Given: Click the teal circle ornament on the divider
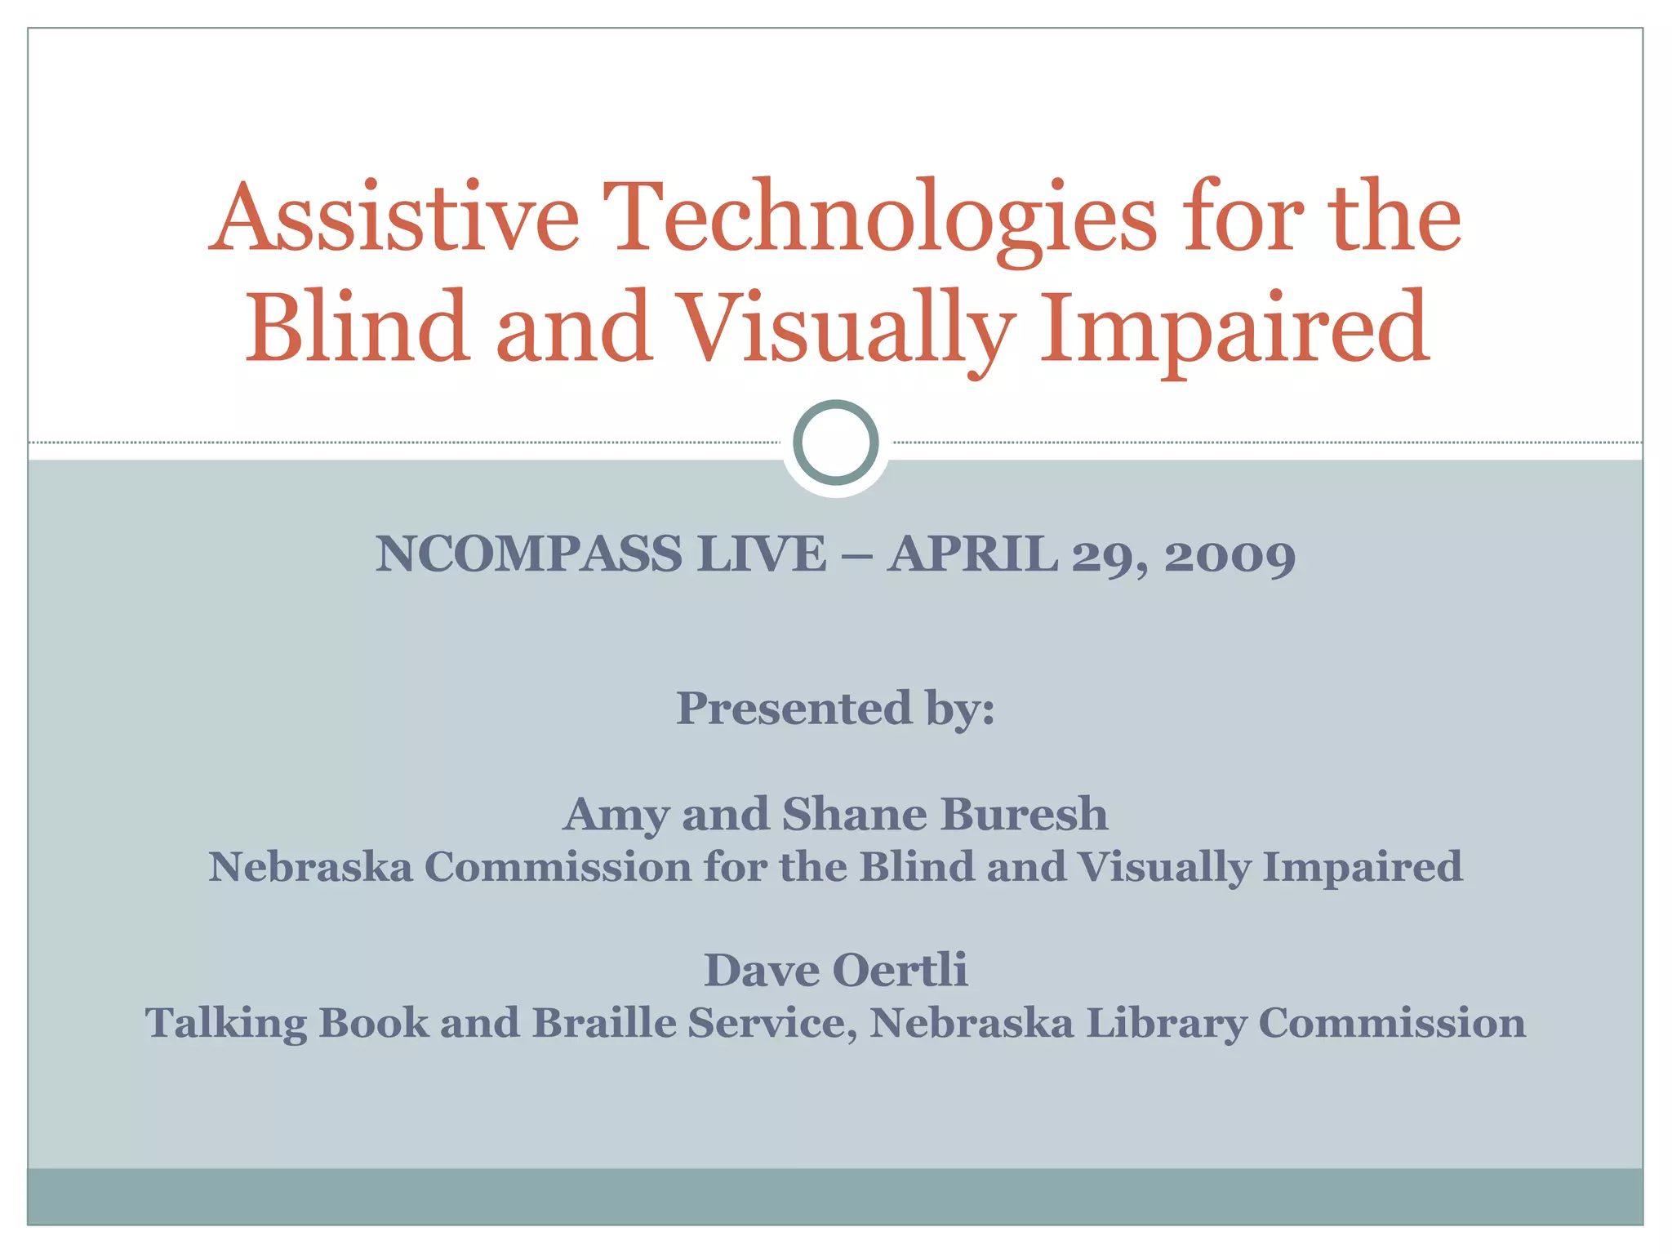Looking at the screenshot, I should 835,442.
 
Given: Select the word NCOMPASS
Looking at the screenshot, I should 528,554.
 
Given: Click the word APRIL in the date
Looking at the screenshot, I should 972,554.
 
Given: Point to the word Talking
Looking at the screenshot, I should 226,1024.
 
